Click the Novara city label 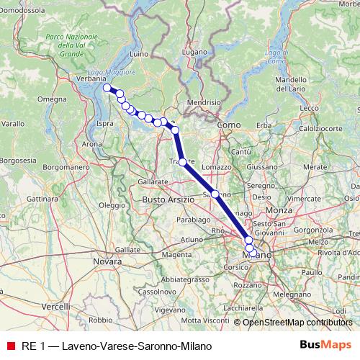[x=107, y=261]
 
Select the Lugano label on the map [x=194, y=53]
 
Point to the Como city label [x=229, y=125]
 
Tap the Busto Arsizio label [x=168, y=198]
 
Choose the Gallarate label [x=153, y=184]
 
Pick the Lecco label [x=310, y=108]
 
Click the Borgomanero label [x=66, y=166]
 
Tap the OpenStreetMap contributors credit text [x=297, y=322]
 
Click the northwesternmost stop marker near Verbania [x=107, y=88]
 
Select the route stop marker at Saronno [x=215, y=194]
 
